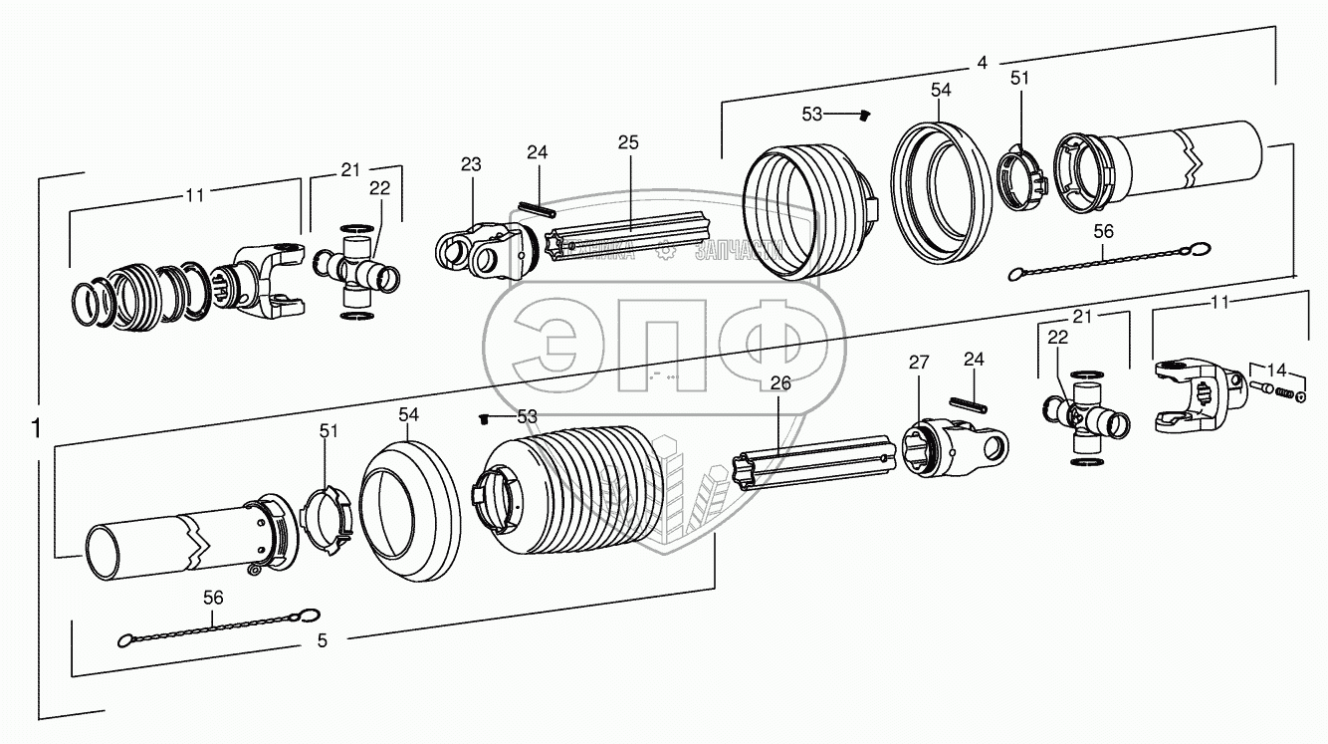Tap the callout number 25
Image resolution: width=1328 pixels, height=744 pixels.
coord(628,142)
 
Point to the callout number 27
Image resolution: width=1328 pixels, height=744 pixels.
coord(918,363)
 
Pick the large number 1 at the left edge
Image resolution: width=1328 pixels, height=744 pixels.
coord(36,429)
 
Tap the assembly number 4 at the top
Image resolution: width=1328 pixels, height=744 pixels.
coord(982,63)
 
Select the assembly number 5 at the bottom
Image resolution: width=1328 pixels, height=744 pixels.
coord(322,641)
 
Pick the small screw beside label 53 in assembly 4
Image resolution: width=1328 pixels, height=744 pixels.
coord(863,116)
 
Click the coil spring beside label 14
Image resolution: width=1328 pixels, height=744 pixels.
coord(1284,393)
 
